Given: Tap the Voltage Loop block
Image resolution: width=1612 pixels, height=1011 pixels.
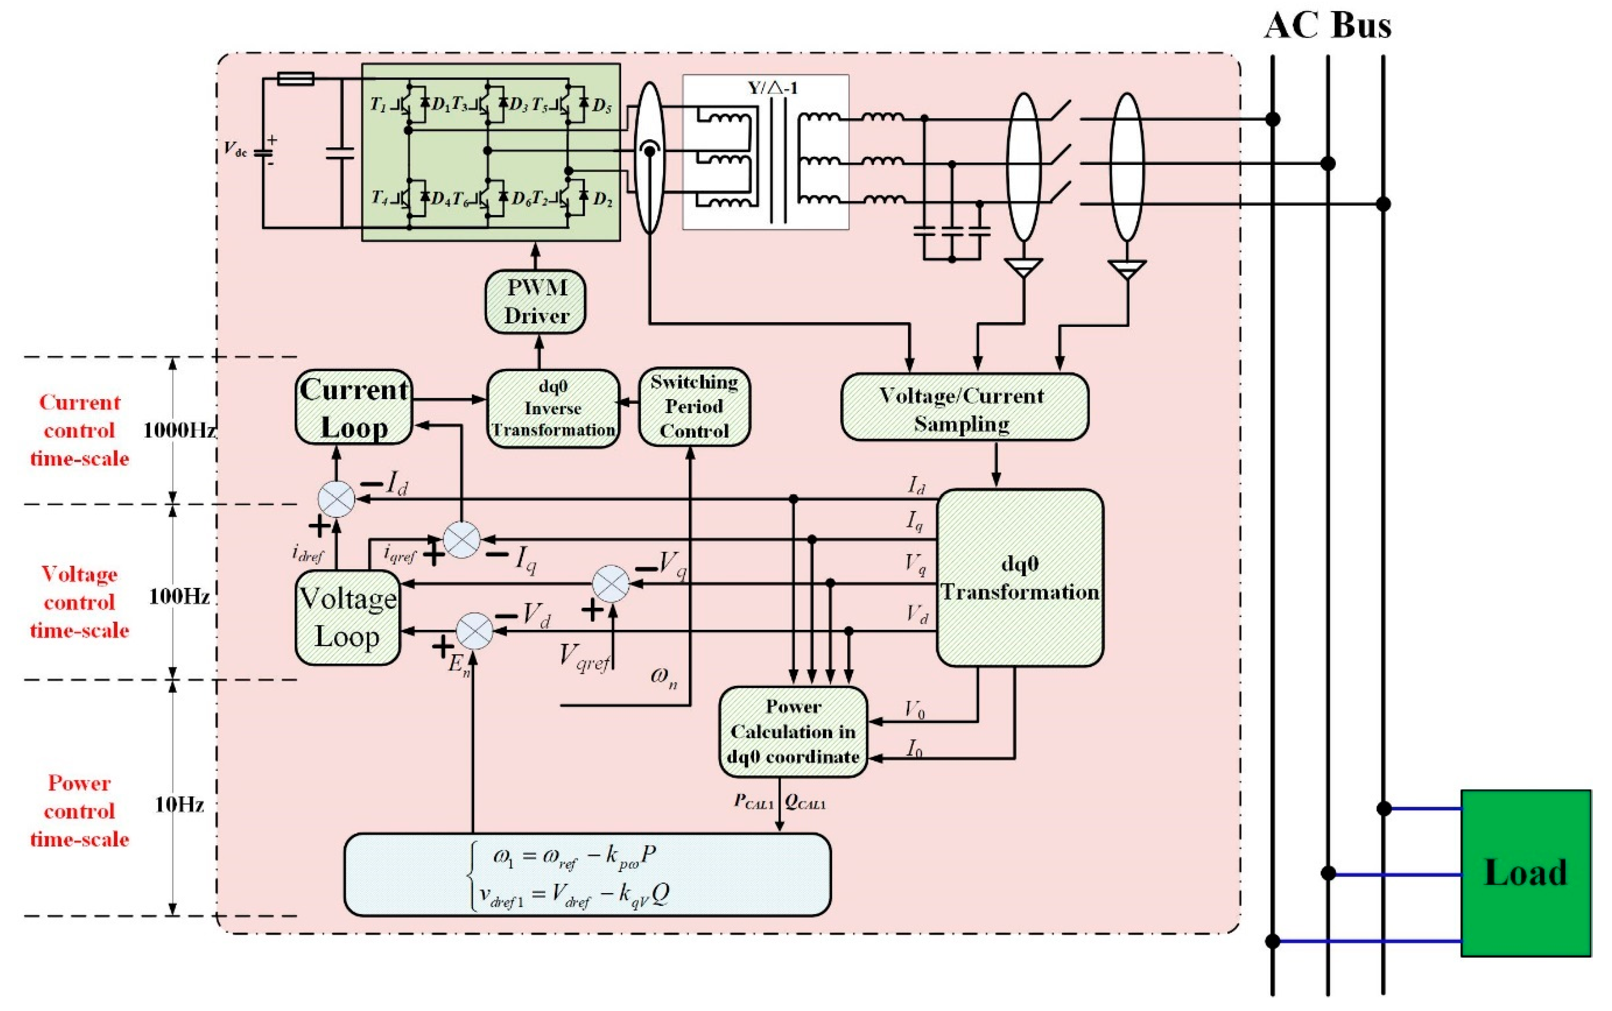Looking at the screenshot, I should [x=347, y=617].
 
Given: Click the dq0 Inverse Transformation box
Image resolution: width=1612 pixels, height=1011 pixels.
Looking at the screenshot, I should [x=552, y=408].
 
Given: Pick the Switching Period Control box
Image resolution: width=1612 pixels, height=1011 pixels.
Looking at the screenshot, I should [x=694, y=406].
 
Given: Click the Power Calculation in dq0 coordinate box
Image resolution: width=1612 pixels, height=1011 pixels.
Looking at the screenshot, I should [x=793, y=732].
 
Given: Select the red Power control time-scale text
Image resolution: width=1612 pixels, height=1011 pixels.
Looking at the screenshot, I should [x=79, y=811].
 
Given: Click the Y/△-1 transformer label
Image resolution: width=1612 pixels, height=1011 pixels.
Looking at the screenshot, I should [x=772, y=88].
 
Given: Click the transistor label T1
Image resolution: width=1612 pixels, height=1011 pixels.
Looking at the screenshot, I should [x=379, y=105].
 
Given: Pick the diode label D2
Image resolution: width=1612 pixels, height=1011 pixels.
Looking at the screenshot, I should [x=603, y=199].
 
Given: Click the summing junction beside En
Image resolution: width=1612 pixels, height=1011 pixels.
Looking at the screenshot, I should [x=474, y=631].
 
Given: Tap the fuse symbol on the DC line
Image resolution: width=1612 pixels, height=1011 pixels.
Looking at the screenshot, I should [x=296, y=79].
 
